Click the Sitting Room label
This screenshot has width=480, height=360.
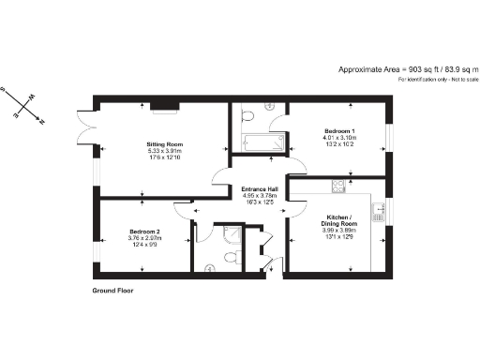click(x=143, y=142)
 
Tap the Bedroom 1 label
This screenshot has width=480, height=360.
click(x=338, y=129)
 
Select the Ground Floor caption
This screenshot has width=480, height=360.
click(x=112, y=291)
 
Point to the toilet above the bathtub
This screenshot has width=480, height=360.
click(x=247, y=114)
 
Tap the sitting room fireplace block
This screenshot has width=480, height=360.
click(x=166, y=105)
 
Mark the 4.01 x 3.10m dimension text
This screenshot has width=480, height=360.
click(x=338, y=137)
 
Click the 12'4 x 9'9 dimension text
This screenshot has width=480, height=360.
click(x=144, y=246)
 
